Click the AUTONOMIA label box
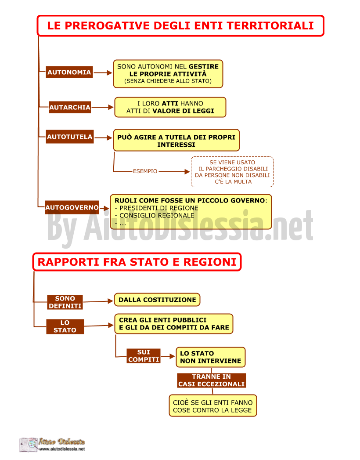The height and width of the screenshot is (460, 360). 69,72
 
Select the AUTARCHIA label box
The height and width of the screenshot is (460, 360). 70,107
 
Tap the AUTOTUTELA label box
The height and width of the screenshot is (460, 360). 70,137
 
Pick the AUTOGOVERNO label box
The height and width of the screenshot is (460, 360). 72,207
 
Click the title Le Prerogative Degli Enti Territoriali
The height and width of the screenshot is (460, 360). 180,26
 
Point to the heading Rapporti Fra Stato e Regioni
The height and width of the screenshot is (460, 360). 137,262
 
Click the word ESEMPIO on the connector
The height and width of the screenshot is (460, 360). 145,171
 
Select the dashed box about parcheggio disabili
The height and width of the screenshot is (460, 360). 232,172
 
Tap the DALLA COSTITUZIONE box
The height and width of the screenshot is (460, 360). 157,300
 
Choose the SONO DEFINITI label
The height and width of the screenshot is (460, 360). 65,302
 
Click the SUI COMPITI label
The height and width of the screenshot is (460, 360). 144,356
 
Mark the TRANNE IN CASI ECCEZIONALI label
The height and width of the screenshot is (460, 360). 211,380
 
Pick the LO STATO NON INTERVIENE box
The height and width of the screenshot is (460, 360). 211,357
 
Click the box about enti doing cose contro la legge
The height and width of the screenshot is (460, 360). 213,406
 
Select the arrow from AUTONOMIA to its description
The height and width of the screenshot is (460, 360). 103,73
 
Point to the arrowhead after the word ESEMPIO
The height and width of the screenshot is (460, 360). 187,172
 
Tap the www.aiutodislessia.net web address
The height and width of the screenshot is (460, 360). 62,449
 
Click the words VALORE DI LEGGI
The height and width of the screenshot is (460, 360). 183,111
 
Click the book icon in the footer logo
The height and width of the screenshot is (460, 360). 29,445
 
